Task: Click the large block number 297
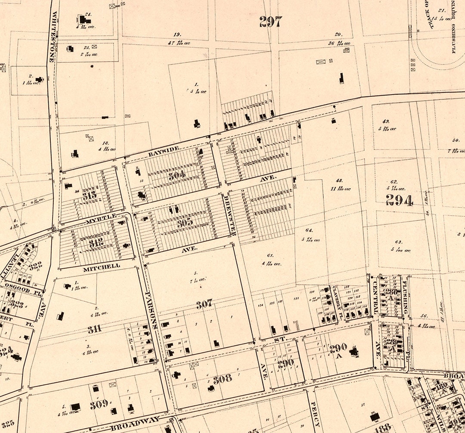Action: coord(271,22)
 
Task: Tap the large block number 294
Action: coord(399,200)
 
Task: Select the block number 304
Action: coord(177,175)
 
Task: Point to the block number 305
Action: coord(184,223)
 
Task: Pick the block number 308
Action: coord(222,379)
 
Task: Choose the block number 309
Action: coord(99,405)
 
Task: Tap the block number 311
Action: coord(95,330)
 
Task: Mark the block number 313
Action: coord(90,195)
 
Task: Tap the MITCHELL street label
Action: coord(102,266)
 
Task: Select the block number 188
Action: coord(383,427)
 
